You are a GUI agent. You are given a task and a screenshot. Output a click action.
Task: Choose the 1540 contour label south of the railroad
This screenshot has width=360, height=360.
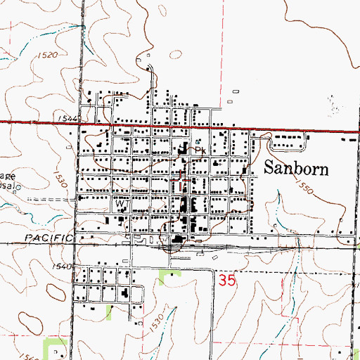62,266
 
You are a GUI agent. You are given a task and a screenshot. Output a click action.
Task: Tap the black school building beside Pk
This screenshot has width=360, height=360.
184,149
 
